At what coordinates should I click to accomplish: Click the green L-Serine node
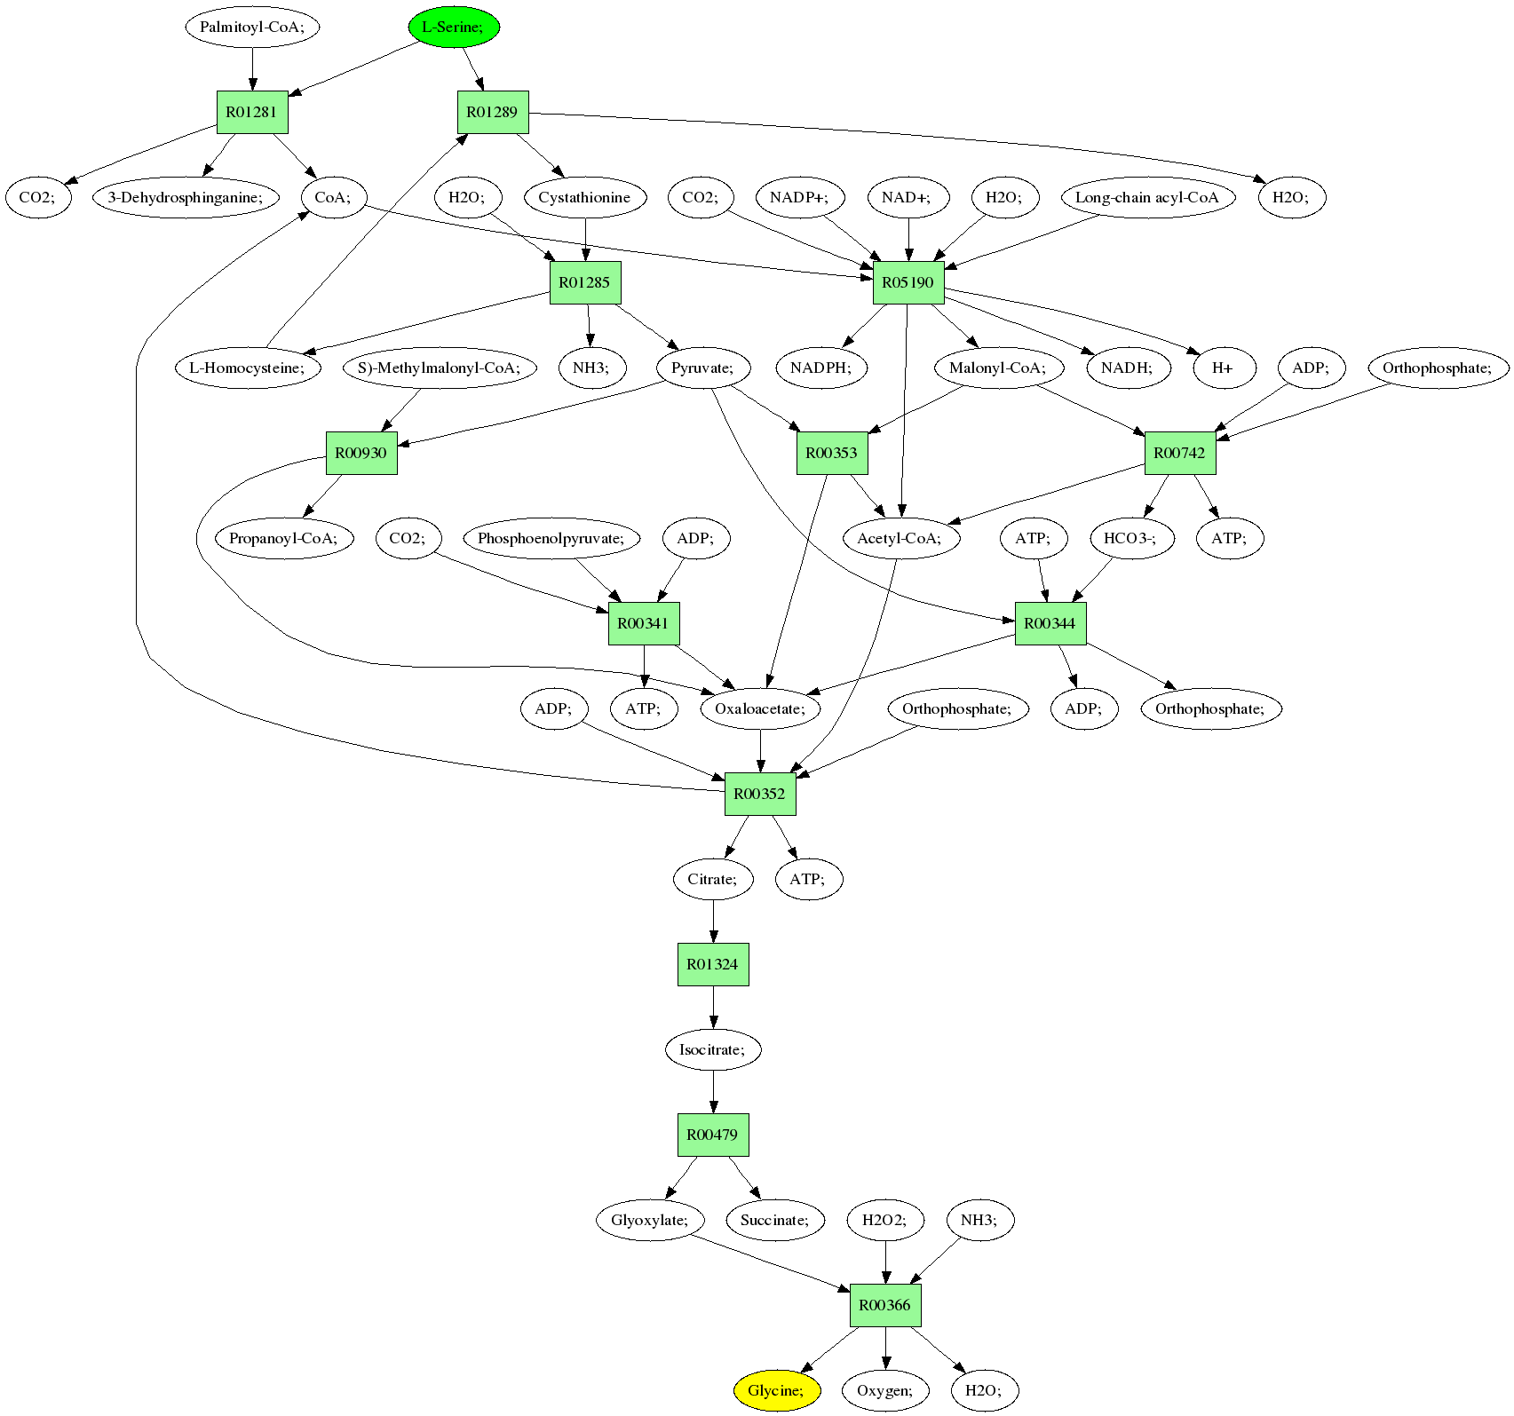[454, 27]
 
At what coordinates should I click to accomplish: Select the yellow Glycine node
[776, 1390]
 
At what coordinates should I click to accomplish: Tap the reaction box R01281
[252, 113]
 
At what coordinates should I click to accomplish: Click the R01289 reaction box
[493, 113]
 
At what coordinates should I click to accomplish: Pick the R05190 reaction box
[908, 283]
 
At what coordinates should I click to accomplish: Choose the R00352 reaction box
[760, 794]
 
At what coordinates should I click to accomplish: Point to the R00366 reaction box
[885, 1306]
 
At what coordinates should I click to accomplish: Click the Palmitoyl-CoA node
[252, 27]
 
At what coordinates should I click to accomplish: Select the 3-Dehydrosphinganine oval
[186, 197]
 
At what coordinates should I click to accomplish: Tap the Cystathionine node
[584, 197]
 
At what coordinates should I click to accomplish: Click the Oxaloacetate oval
[760, 708]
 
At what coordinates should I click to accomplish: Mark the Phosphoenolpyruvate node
[551, 538]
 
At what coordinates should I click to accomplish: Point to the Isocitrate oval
[713, 1049]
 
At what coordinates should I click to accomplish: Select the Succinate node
[775, 1220]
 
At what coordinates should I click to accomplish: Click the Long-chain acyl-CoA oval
[1147, 197]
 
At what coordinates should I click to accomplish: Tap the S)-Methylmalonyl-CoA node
[439, 368]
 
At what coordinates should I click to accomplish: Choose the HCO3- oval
[1130, 538]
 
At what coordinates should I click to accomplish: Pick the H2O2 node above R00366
[885, 1220]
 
